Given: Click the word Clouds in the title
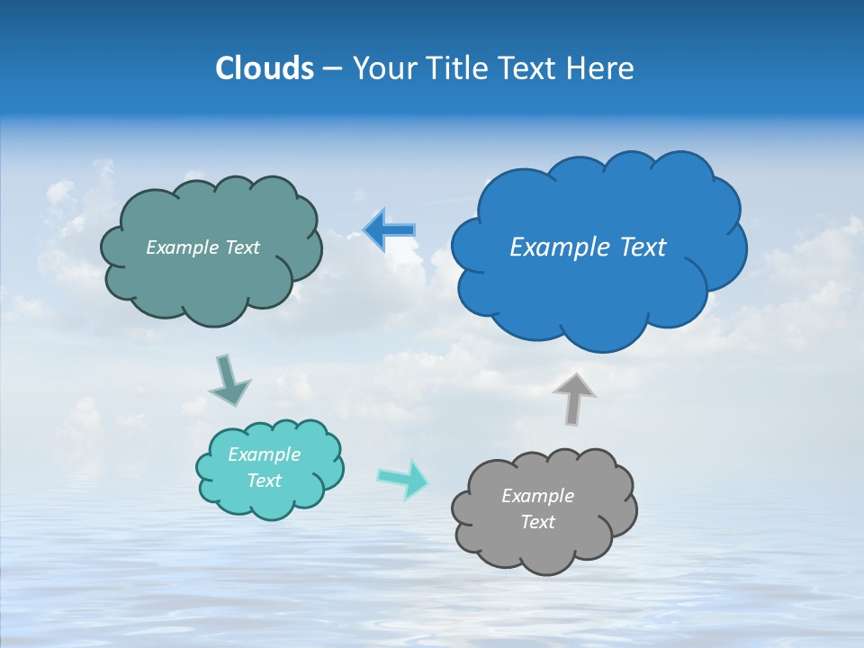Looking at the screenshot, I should pos(265,67).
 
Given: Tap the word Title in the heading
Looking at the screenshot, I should pos(458,67).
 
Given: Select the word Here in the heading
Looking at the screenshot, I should pos(602,67).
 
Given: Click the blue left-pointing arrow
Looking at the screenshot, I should pos(391,230).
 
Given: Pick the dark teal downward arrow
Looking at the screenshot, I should pos(229,379).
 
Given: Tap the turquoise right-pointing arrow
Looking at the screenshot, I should pos(403,478).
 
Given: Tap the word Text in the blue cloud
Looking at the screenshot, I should pos(642,247).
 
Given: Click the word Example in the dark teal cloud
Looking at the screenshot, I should pos(182,247).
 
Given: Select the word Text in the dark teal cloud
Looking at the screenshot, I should pos(241,247).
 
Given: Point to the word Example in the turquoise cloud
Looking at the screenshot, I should pos(264,454).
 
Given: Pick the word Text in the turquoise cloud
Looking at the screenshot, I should pos(264,481).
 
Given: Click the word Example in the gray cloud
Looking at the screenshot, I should pos(537,496).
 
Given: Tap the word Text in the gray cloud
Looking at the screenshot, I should pos(537,522).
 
